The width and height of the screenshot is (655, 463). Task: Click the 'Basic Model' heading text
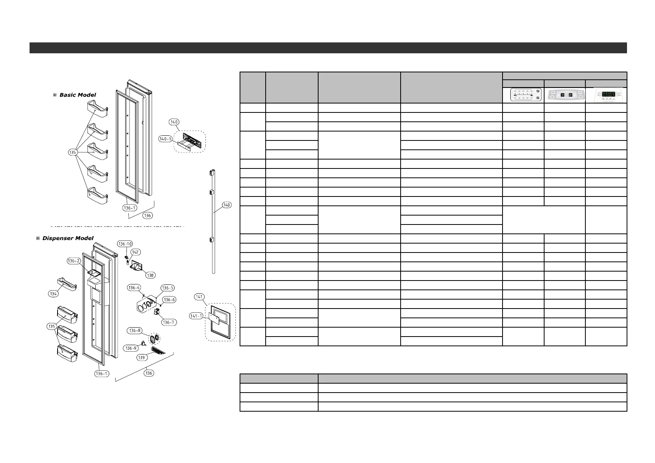click(77, 95)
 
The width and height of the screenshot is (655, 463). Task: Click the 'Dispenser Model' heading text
click(68, 238)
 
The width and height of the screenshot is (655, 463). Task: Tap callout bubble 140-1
click(165, 139)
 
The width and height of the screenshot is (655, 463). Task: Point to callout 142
click(135, 252)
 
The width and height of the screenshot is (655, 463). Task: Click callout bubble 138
click(150, 275)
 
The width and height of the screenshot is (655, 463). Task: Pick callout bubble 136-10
click(124, 244)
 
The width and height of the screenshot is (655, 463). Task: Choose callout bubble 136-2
click(74, 261)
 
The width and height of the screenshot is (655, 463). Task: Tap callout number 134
click(54, 294)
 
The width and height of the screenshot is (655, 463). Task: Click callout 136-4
click(134, 288)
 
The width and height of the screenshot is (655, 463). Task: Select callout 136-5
click(168, 288)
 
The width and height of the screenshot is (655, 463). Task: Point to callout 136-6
click(169, 300)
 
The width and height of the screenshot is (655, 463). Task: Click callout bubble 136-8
click(134, 331)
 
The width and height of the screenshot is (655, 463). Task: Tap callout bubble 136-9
click(130, 348)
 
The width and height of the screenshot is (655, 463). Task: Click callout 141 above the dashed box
click(200, 297)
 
